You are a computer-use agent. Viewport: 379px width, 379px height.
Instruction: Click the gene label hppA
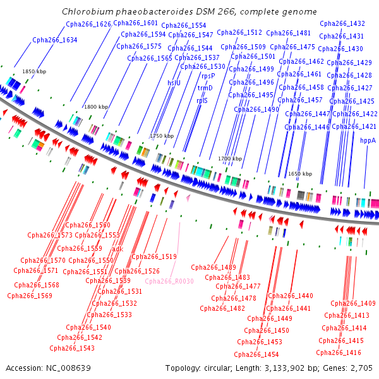pyautogui.click(x=368, y=140)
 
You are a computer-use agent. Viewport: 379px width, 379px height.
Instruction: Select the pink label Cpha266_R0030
pyautogui.click(x=169, y=281)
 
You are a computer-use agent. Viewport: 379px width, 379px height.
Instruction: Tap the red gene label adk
pyautogui.click(x=117, y=249)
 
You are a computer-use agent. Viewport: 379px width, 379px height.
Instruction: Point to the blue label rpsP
pyautogui.click(x=208, y=76)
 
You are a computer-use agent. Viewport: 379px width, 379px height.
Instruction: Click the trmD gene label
pyautogui.click(x=205, y=88)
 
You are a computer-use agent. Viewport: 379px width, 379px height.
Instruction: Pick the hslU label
pyautogui.click(x=174, y=83)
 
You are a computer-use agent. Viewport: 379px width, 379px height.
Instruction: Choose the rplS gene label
pyautogui.click(x=202, y=100)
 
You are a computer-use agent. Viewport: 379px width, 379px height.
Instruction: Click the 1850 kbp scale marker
pyautogui.click(x=34, y=71)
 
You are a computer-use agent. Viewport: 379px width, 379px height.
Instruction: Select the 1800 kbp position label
pyautogui.click(x=96, y=107)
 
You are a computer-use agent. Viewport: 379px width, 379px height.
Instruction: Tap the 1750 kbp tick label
pyautogui.click(x=162, y=136)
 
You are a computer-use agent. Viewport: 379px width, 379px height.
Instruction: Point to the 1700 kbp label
pyautogui.click(x=230, y=159)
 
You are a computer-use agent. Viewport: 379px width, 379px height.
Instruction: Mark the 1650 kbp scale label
pyautogui.click(x=300, y=174)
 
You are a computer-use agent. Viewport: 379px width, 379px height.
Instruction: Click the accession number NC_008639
pyautogui.click(x=68, y=368)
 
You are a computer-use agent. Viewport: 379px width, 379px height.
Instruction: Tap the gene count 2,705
pyautogui.click(x=361, y=368)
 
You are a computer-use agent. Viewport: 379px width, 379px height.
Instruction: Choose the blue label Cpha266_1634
pyautogui.click(x=55, y=40)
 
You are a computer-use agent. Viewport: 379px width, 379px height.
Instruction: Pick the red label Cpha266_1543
pyautogui.click(x=72, y=348)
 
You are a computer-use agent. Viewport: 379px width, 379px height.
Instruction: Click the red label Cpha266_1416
pyautogui.click(x=339, y=352)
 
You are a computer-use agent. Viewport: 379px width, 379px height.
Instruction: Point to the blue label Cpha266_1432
pyautogui.click(x=342, y=23)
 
